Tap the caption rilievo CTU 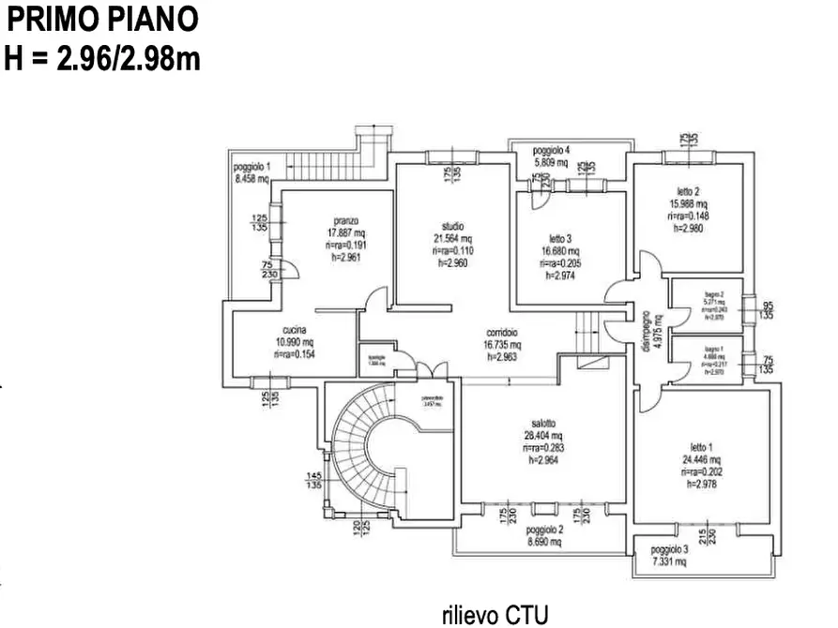pos(495,614)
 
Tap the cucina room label pos(293,329)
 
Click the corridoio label pos(505,332)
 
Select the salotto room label pos(543,423)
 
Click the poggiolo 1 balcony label pos(251,166)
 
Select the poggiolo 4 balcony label pos(551,150)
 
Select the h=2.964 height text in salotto pos(543,461)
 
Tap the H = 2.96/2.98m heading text pos(102,58)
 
